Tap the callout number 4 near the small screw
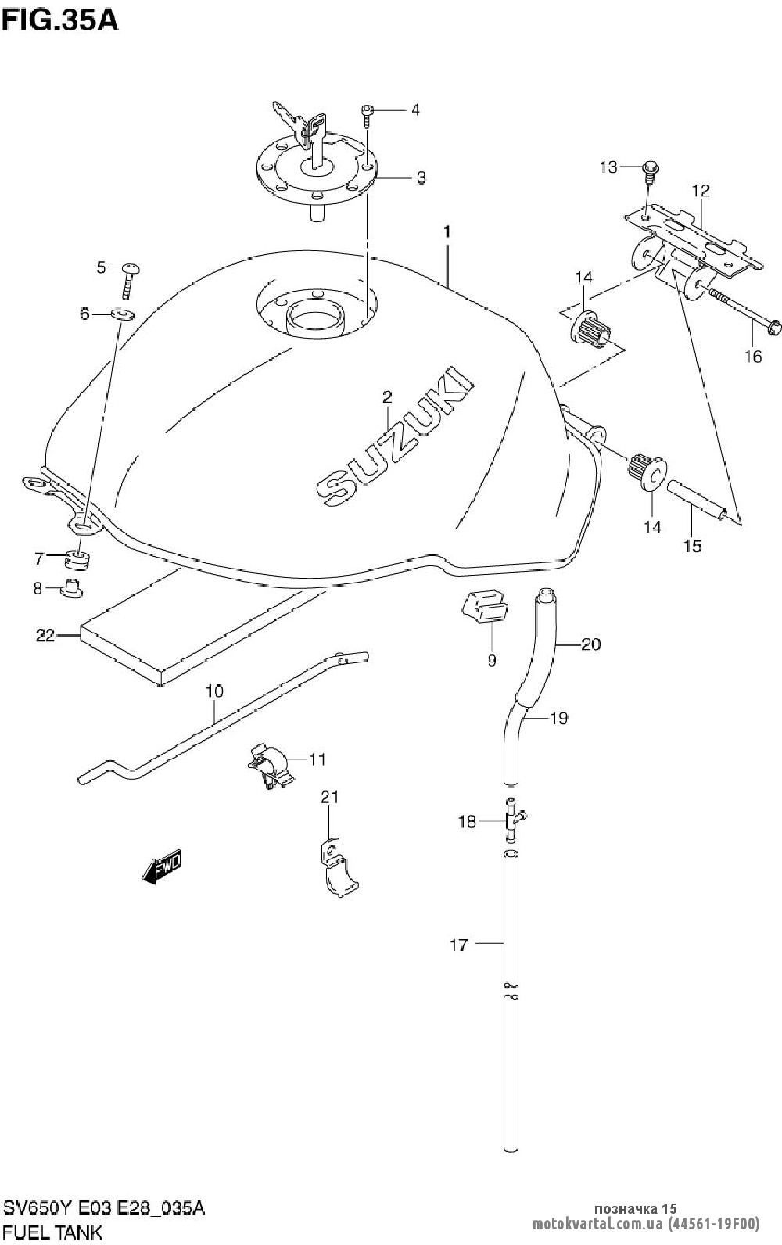[415, 110]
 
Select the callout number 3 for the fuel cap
[421, 178]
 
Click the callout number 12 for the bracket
[700, 190]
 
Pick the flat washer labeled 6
[121, 314]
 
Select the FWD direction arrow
[163, 868]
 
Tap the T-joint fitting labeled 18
[511, 820]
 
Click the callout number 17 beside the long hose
[458, 945]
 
